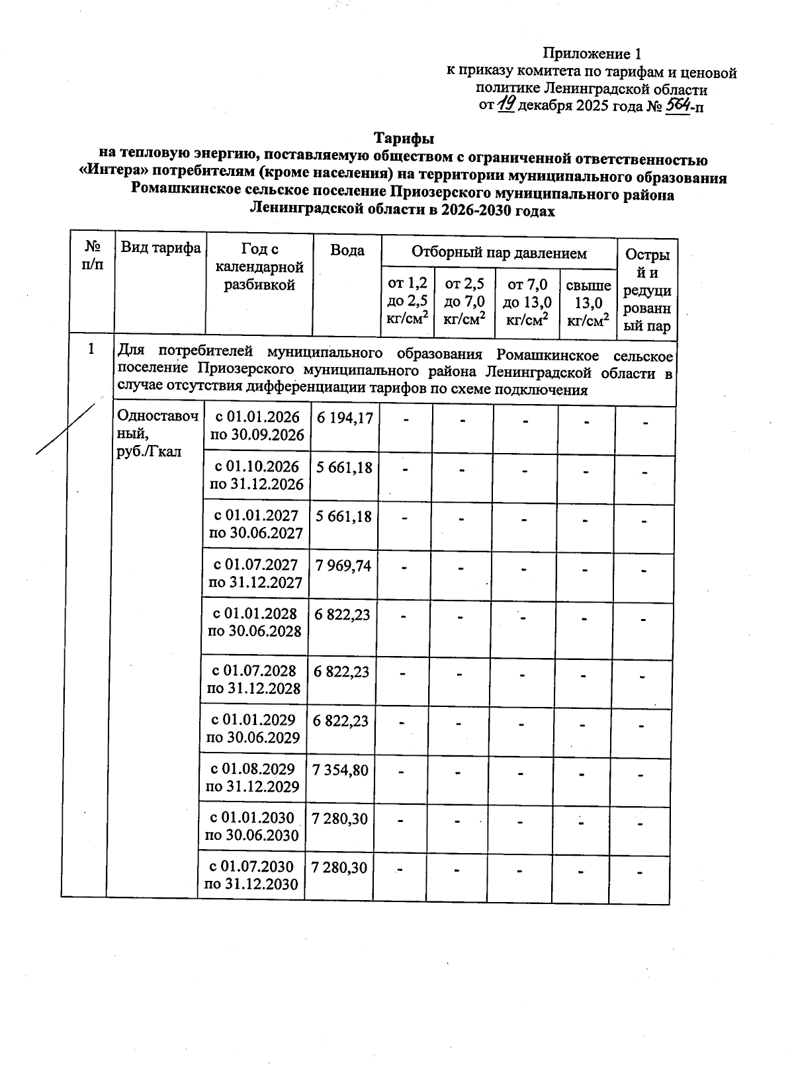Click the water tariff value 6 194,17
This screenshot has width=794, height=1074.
pyautogui.click(x=344, y=418)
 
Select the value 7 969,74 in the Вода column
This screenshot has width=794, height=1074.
pyautogui.click(x=343, y=565)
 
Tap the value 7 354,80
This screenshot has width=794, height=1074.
pyautogui.click(x=340, y=770)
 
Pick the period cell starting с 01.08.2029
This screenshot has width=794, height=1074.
pyautogui.click(x=253, y=778)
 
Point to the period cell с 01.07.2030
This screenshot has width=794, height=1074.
pyautogui.click(x=251, y=875)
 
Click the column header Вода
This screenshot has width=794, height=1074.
pyautogui.click(x=347, y=251)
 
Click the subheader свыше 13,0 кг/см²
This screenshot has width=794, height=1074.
pyautogui.click(x=588, y=303)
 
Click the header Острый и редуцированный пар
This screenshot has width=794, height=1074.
pyautogui.click(x=647, y=290)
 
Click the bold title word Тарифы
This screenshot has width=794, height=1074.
pyautogui.click(x=404, y=140)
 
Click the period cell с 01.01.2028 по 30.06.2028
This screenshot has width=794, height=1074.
pyautogui.click(x=255, y=622)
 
